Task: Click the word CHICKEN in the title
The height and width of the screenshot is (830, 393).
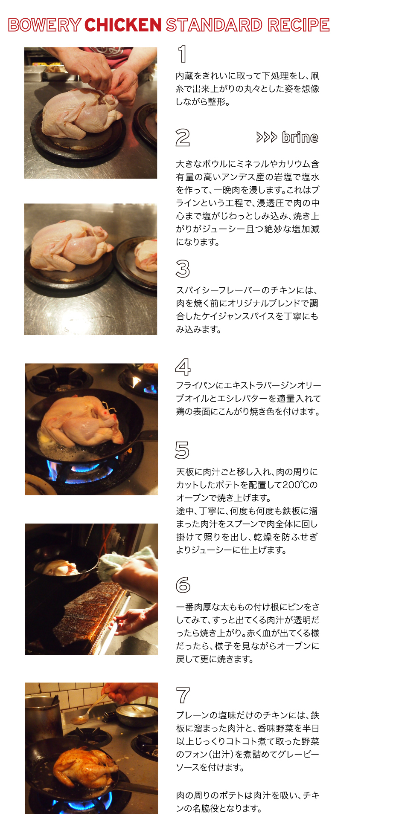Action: [123, 25]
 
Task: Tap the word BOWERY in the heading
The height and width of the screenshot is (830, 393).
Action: [44, 25]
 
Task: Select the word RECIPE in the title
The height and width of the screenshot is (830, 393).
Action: [299, 25]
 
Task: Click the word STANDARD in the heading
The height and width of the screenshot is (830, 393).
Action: [214, 25]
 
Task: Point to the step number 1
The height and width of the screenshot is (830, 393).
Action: [182, 54]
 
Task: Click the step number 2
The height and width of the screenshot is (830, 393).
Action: [183, 138]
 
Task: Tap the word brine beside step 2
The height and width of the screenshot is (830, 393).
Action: [300, 137]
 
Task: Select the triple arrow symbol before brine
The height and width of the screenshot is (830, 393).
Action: [267, 137]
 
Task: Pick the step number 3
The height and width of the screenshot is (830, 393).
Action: [183, 269]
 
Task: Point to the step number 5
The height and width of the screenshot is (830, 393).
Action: [182, 450]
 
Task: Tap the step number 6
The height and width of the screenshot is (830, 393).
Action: [183, 585]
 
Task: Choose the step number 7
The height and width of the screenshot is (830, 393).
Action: [183, 695]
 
